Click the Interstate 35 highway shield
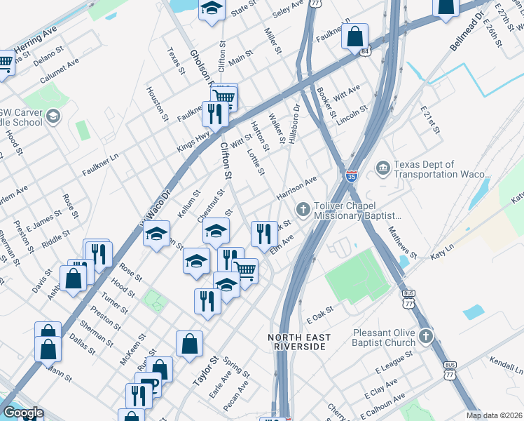(x=352, y=176)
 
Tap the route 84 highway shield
(x=364, y=51)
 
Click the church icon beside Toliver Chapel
(x=303, y=208)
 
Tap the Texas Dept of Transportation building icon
(x=382, y=167)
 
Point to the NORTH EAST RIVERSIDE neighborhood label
(x=297, y=342)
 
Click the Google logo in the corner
(x=22, y=413)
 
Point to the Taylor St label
(x=201, y=373)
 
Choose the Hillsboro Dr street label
(x=294, y=123)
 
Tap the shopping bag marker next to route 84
(x=355, y=36)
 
